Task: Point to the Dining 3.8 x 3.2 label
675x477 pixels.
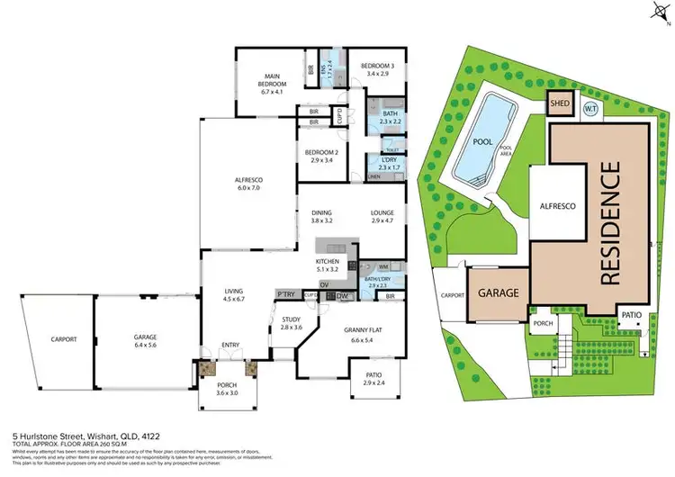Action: (322, 216)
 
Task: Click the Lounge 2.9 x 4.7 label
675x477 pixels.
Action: (382, 216)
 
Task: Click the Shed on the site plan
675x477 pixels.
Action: (559, 103)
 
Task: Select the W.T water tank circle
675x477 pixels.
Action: (590, 109)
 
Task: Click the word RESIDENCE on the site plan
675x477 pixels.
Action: (608, 222)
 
